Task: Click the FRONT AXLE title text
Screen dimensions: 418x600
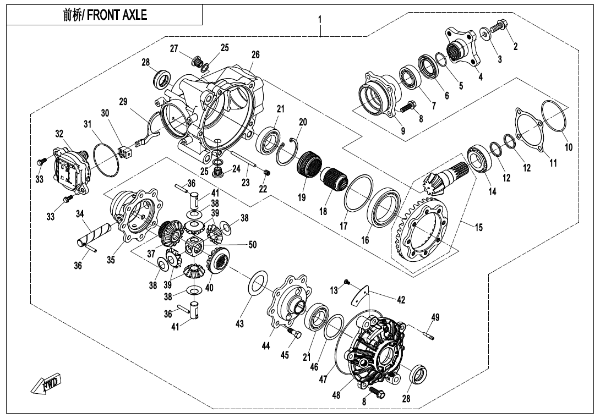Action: (x=105, y=15)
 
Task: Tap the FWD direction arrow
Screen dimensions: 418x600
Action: (x=47, y=384)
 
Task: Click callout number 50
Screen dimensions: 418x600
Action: (x=253, y=245)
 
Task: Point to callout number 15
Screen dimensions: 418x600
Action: (x=479, y=227)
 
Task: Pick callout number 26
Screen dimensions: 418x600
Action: (x=255, y=55)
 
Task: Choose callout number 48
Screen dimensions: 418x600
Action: (x=336, y=395)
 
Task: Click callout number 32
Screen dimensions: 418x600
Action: (x=59, y=133)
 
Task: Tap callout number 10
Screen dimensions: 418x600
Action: (x=569, y=147)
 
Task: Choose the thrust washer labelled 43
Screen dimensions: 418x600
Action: (x=258, y=283)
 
